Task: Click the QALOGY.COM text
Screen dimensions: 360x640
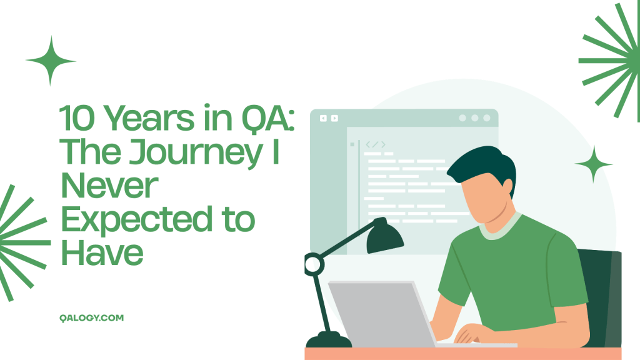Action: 89,317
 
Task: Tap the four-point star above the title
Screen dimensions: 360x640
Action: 51,61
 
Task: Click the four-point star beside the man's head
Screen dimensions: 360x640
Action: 593,164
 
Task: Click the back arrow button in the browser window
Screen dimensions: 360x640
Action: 323,118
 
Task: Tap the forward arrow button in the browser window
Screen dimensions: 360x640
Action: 334,118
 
